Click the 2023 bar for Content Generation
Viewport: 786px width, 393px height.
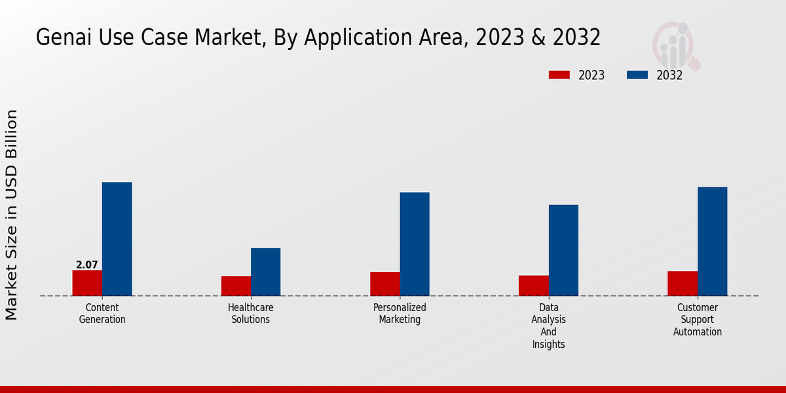click(87, 283)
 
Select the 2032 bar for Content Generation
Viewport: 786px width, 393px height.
click(117, 239)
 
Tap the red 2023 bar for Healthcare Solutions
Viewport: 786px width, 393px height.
click(236, 286)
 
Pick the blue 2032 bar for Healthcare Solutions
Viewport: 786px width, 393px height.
click(265, 272)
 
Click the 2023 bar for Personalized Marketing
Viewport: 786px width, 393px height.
click(384, 284)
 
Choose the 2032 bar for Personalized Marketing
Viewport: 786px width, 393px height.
click(415, 244)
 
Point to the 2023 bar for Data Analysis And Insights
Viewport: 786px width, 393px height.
click(533, 286)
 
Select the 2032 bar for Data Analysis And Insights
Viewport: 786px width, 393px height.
click(563, 250)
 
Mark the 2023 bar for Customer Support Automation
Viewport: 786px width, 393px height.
click(683, 284)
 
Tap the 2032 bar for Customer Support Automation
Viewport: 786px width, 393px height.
click(712, 241)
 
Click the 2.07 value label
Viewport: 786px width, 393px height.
click(87, 265)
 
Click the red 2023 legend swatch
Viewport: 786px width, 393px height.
click(559, 75)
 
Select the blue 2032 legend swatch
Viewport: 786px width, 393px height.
click(637, 75)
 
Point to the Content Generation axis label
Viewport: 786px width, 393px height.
click(102, 314)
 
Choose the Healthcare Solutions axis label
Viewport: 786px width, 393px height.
click(251, 314)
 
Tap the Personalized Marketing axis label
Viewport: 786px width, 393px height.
click(400, 314)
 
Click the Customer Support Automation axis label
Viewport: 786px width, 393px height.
click(698, 320)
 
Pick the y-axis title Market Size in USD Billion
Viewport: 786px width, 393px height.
click(12, 215)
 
